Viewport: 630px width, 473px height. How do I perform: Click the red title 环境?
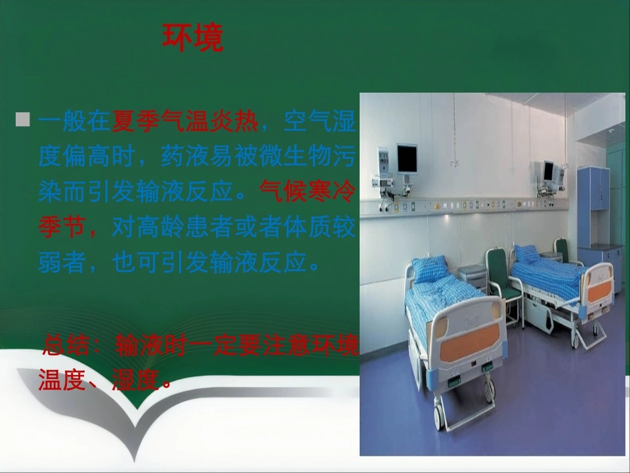point(193,37)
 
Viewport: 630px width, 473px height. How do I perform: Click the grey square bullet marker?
point(22,120)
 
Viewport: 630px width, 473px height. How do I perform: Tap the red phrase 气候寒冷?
point(308,191)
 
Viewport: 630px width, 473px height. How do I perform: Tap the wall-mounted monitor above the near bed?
point(407,159)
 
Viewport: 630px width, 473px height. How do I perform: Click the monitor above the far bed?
point(548,171)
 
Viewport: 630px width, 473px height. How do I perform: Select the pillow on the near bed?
point(430,268)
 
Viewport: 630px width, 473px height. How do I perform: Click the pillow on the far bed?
point(526,254)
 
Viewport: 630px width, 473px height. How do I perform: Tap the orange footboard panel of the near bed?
point(469,343)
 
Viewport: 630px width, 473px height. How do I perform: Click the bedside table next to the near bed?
point(472,277)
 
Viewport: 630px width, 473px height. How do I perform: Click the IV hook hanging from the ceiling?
point(454,163)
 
